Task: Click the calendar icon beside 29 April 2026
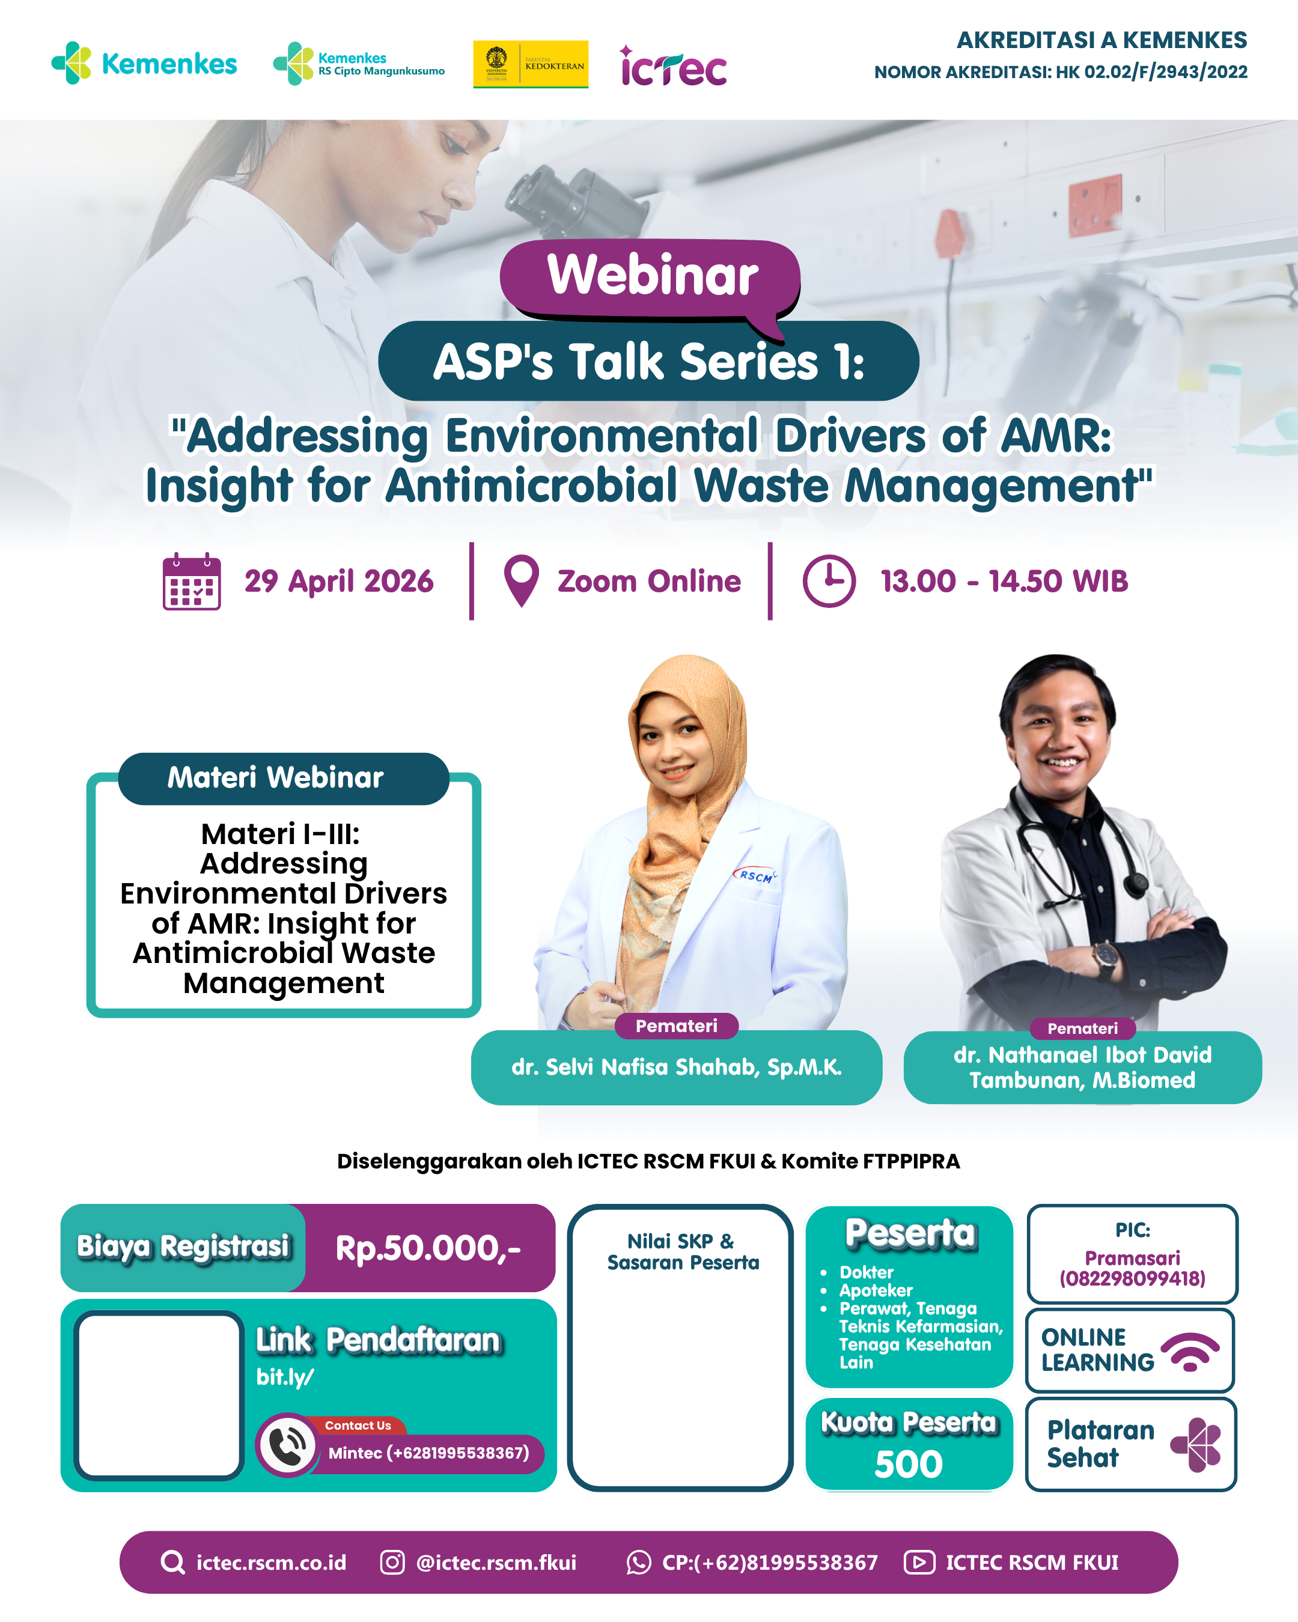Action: [192, 582]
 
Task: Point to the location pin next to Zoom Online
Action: [522, 580]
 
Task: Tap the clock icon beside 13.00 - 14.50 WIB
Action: [829, 581]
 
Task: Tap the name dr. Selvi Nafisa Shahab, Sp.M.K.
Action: [677, 1067]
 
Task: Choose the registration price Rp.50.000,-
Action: [428, 1248]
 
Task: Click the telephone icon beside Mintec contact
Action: [287, 1445]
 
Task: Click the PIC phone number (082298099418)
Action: [1133, 1278]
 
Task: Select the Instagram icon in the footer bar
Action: [392, 1562]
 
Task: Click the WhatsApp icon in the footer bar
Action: [638, 1562]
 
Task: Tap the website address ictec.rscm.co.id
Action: [271, 1563]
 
